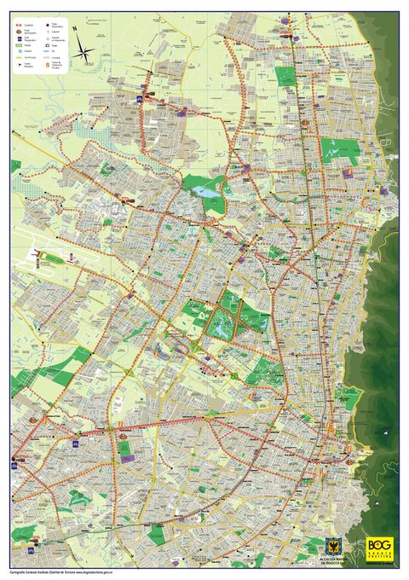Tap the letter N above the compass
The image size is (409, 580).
pyautogui.click(x=75, y=29)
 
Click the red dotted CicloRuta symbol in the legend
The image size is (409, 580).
pyautogui.click(x=19, y=26)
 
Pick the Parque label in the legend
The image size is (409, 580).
pyautogui.click(x=27, y=45)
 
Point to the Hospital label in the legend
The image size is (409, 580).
pyautogui.click(x=28, y=51)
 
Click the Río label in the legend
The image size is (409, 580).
pyautogui.click(x=53, y=51)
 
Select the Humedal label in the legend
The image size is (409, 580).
pyautogui.click(x=55, y=57)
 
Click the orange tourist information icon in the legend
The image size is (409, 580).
pyautogui.click(x=47, y=65)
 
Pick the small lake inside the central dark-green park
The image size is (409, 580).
pyautogui.click(x=224, y=325)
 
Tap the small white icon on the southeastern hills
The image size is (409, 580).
pyautogui.click(x=386, y=432)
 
